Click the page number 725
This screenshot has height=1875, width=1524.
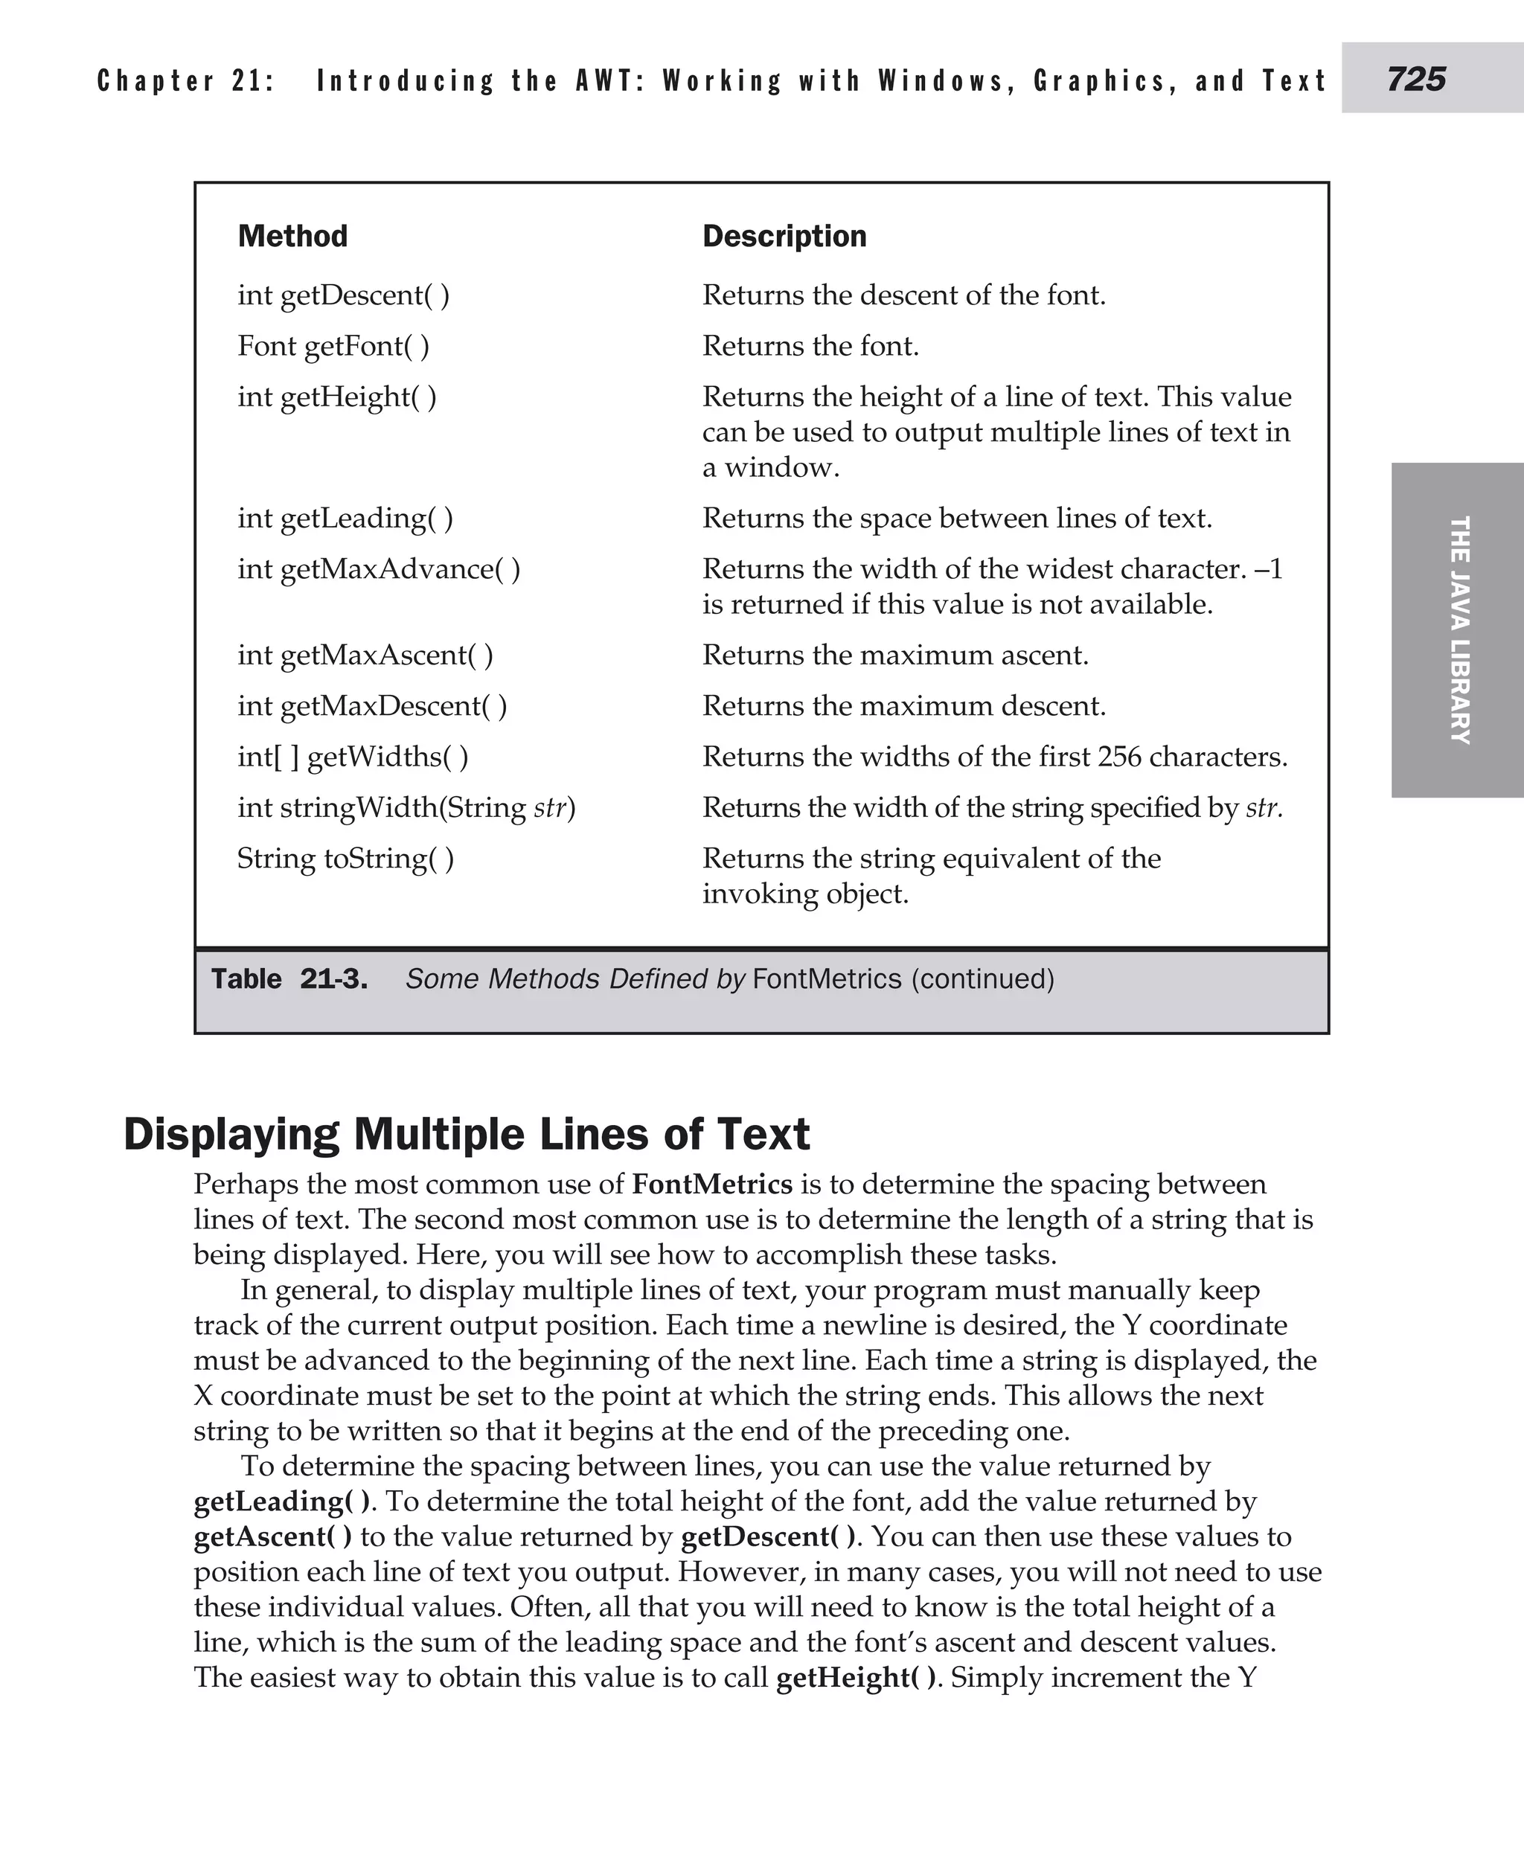pos(1416,79)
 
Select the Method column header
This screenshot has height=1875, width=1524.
pos(292,236)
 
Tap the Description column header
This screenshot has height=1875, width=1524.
pos(784,236)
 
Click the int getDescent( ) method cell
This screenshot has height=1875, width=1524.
pos(343,295)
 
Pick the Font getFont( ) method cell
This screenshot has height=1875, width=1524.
pos(333,346)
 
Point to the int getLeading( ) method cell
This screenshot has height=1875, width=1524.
pos(345,518)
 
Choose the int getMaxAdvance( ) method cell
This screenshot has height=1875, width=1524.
pos(378,568)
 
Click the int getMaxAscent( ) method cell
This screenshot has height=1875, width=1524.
pos(365,655)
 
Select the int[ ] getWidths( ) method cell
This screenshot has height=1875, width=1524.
pos(353,757)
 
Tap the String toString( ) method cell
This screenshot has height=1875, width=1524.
pos(346,859)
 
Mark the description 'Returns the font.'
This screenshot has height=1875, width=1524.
pos(810,346)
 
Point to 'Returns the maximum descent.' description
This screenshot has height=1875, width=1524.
pos(903,706)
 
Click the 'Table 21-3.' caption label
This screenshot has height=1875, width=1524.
pos(289,978)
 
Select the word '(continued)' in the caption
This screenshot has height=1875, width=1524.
pos(982,978)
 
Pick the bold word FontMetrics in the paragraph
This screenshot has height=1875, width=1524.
pos(712,1185)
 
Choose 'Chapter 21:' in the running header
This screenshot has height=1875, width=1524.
pos(186,81)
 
